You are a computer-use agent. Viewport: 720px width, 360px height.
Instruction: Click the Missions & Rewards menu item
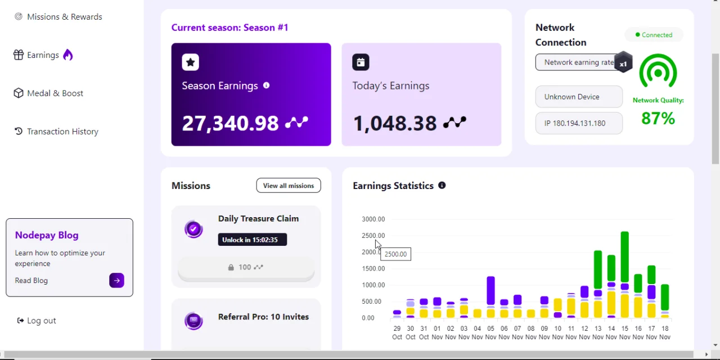click(58, 17)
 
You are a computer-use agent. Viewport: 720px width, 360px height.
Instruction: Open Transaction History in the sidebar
click(56, 132)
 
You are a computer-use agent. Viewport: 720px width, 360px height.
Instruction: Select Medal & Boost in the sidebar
click(48, 93)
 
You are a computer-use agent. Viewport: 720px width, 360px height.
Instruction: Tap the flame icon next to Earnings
click(68, 55)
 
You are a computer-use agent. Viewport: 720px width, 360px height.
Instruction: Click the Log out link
click(37, 321)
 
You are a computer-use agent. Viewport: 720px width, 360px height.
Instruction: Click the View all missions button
click(289, 186)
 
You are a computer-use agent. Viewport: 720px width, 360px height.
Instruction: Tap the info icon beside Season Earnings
click(266, 85)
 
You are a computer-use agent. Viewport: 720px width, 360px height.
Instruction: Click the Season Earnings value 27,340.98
click(230, 123)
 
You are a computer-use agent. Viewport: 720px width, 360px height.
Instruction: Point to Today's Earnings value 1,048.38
click(395, 123)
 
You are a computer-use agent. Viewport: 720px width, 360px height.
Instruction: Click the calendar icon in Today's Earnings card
click(361, 62)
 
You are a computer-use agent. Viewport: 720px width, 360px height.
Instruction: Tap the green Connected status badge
click(654, 35)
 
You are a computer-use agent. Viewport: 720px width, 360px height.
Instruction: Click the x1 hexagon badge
click(623, 62)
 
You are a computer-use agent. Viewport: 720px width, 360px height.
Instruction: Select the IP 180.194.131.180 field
click(579, 123)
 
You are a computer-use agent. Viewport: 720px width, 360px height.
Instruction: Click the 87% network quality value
click(658, 118)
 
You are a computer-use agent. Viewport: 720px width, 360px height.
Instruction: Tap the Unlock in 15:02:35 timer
click(253, 240)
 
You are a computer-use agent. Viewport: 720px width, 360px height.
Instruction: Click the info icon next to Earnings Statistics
click(442, 186)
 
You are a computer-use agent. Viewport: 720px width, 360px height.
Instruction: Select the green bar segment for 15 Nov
click(624, 257)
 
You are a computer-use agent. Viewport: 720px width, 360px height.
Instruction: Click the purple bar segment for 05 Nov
click(490, 291)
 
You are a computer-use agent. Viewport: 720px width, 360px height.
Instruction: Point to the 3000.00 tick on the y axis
click(373, 219)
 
